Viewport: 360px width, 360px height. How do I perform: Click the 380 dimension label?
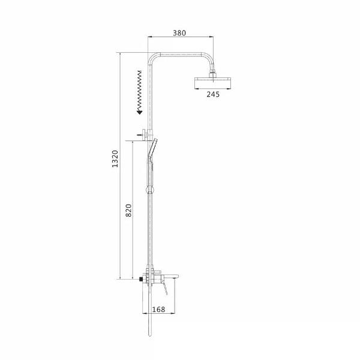(x=179, y=33)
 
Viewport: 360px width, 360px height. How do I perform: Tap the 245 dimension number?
(x=213, y=94)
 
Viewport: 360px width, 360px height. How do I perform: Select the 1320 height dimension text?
(x=115, y=159)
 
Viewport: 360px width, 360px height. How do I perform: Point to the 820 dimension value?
(x=128, y=211)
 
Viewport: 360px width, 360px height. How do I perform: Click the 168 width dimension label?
(x=158, y=310)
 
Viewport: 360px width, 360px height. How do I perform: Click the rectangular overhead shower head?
(x=212, y=83)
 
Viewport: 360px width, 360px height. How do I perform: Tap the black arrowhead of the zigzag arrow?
(x=140, y=112)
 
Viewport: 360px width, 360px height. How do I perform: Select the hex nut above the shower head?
(x=213, y=75)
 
